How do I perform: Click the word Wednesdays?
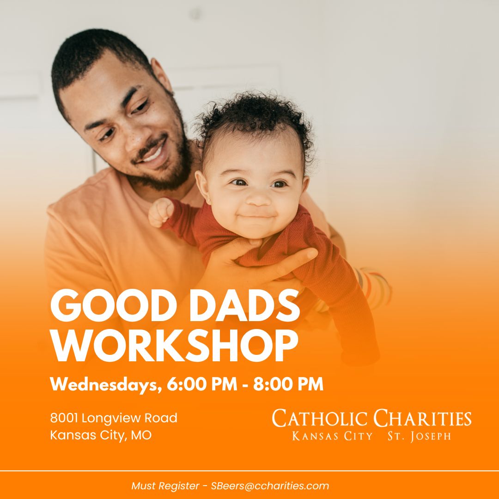[x=106, y=384]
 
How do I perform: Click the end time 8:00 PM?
[x=288, y=384]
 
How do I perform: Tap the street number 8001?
[x=65, y=418]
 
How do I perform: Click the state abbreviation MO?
[x=141, y=435]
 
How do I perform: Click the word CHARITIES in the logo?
[x=422, y=419]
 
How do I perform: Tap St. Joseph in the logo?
[x=419, y=436]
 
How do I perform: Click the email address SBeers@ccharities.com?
[x=270, y=486]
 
